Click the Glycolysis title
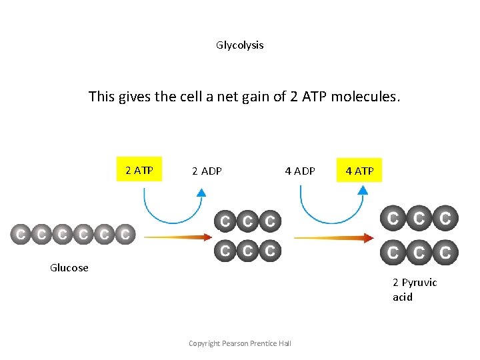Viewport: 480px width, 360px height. (x=239, y=45)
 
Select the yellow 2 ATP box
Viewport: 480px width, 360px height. (x=139, y=170)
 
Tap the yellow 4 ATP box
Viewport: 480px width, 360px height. (x=359, y=171)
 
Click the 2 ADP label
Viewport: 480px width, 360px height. (x=207, y=171)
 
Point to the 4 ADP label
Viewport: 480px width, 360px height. (x=300, y=171)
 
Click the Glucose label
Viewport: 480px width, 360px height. (x=69, y=268)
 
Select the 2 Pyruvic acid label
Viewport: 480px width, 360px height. (x=415, y=289)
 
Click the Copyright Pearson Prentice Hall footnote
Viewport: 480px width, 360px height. (x=239, y=343)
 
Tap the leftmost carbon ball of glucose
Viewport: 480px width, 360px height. (x=21, y=235)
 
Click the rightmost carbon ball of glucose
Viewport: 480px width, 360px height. (x=125, y=235)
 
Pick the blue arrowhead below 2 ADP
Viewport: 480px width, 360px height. (x=201, y=192)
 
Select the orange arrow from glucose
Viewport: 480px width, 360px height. (x=177, y=236)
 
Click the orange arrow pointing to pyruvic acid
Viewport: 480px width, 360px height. (x=333, y=237)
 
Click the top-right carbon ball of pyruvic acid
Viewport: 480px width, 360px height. (x=445, y=217)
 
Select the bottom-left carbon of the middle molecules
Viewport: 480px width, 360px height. (x=225, y=251)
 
